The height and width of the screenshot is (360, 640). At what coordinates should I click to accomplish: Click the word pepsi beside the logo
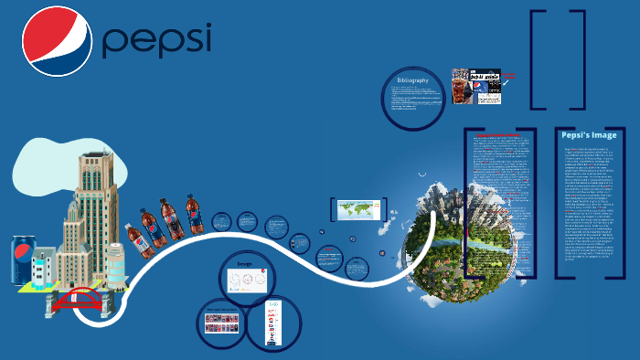click(x=156, y=40)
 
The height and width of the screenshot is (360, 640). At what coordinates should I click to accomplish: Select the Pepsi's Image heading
click(x=590, y=135)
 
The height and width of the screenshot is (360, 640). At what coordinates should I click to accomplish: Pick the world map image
click(x=357, y=208)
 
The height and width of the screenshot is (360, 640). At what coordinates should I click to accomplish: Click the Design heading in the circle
click(x=245, y=263)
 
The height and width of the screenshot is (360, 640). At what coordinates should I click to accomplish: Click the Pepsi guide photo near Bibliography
click(x=476, y=88)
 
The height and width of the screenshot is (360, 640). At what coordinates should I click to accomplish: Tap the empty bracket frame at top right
click(x=558, y=55)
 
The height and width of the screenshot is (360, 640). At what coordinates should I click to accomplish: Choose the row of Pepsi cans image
click(x=220, y=323)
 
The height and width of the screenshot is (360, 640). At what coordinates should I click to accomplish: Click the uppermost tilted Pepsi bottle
click(x=193, y=213)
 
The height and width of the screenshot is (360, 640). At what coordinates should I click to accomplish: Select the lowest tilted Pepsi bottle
click(x=135, y=239)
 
